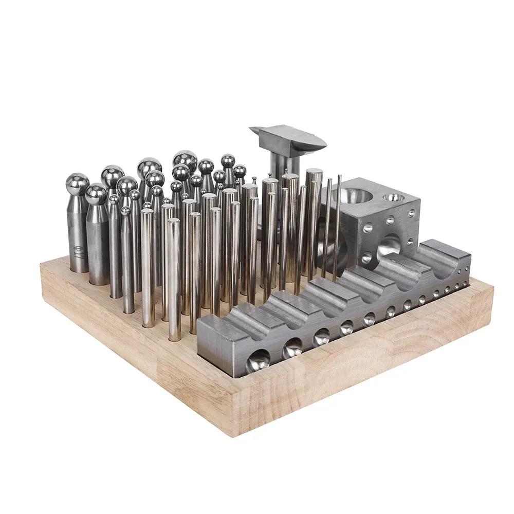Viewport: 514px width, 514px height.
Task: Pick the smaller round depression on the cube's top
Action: [393, 197]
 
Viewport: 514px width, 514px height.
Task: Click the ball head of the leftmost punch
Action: [78, 183]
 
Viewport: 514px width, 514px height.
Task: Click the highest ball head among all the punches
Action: [185, 159]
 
